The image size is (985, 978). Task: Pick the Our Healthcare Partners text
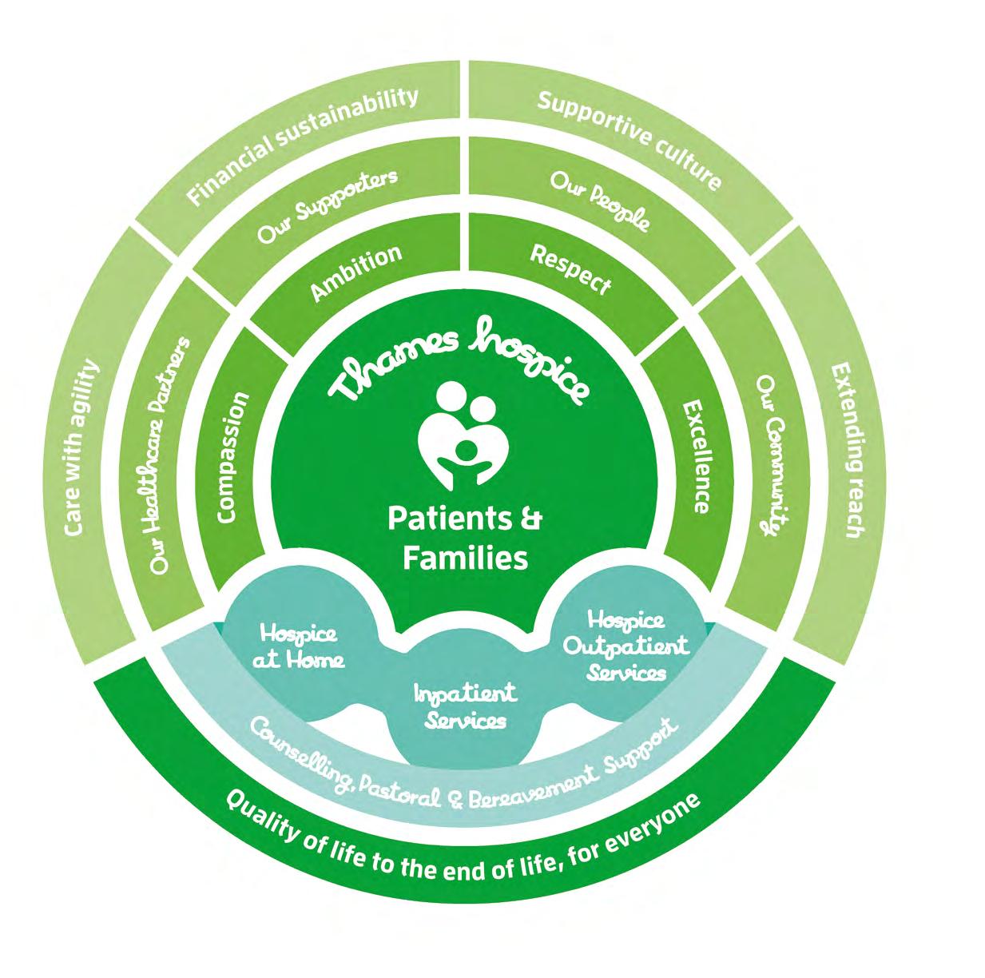(171, 455)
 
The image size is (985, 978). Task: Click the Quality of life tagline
(463, 844)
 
